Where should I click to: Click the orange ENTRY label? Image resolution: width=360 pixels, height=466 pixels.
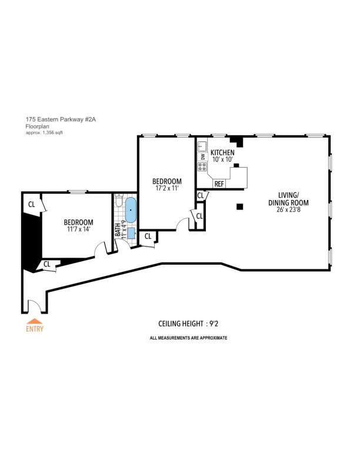tap(35, 329)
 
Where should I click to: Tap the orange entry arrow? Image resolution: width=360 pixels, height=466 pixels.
tap(35, 321)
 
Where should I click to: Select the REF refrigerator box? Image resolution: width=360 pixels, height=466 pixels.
tap(219, 184)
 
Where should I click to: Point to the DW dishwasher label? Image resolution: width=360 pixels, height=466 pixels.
tap(202, 156)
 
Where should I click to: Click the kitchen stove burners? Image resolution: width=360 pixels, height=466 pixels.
tap(202, 167)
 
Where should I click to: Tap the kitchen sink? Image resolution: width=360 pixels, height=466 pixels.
tap(202, 145)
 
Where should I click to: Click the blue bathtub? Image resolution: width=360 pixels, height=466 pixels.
tap(131, 210)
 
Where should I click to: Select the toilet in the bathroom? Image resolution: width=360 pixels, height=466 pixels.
tap(119, 202)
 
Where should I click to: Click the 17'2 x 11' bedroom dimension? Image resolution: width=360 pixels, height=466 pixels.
tap(166, 189)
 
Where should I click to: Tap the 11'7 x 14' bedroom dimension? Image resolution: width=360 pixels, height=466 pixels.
tap(79, 230)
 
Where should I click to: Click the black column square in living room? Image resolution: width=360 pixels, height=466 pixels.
tap(240, 206)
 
